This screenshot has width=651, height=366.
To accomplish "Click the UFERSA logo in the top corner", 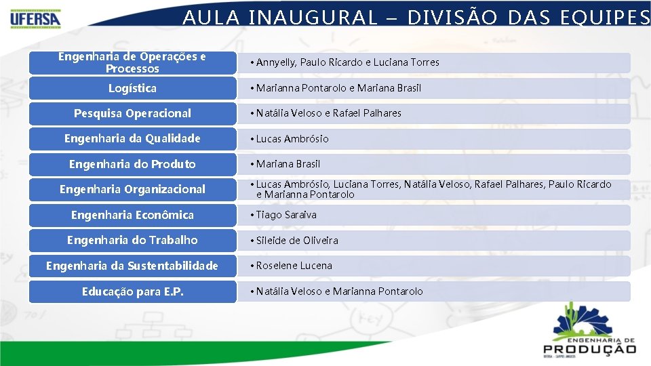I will [35, 18].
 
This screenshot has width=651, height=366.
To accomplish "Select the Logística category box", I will [132, 88].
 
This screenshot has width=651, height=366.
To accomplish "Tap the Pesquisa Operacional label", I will [132, 113].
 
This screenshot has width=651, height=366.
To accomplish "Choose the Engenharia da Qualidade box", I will [132, 138].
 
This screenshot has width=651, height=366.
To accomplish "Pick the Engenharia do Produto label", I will [132, 164].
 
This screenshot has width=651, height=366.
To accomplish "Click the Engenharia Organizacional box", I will [132, 189].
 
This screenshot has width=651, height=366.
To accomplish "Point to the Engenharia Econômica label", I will [132, 215].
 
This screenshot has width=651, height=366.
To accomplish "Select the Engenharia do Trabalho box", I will [132, 240].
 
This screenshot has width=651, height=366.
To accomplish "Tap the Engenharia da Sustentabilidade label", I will [132, 266].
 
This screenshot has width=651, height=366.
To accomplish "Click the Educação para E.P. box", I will [132, 291].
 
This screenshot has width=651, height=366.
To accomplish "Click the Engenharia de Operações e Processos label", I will [132, 62].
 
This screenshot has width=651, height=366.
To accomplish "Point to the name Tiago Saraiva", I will [286, 215].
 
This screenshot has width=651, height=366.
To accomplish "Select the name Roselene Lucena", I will [294, 266].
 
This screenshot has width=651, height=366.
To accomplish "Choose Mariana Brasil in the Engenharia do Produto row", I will [288, 164].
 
